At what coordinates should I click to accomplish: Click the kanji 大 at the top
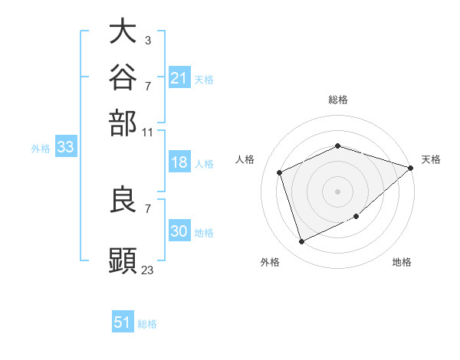coord(123,31)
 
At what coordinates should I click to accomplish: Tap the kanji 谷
coord(123,77)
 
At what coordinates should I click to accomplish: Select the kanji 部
coord(123,123)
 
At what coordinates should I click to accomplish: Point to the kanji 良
coord(123,199)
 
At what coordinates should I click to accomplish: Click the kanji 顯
coord(123,260)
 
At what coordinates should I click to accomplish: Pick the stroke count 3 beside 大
coord(148,40)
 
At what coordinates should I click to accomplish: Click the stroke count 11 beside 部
coord(147,133)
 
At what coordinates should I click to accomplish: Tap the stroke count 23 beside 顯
coord(147,270)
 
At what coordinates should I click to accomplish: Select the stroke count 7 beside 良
coord(148,209)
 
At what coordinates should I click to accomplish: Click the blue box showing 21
coord(179,77)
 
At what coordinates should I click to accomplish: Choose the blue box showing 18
coord(179,162)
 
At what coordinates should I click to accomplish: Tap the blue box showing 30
coord(179,230)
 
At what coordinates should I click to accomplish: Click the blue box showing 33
coord(66,146)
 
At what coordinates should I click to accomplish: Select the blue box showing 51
coord(123,321)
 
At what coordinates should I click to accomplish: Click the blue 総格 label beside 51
coord(147,324)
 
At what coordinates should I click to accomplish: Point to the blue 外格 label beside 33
coord(41,149)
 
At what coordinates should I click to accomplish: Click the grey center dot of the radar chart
coord(337,191)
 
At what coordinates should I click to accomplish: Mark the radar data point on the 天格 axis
coord(411,168)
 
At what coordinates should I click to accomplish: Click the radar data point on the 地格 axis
coord(356,216)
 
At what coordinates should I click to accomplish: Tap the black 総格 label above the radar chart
coord(338,100)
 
